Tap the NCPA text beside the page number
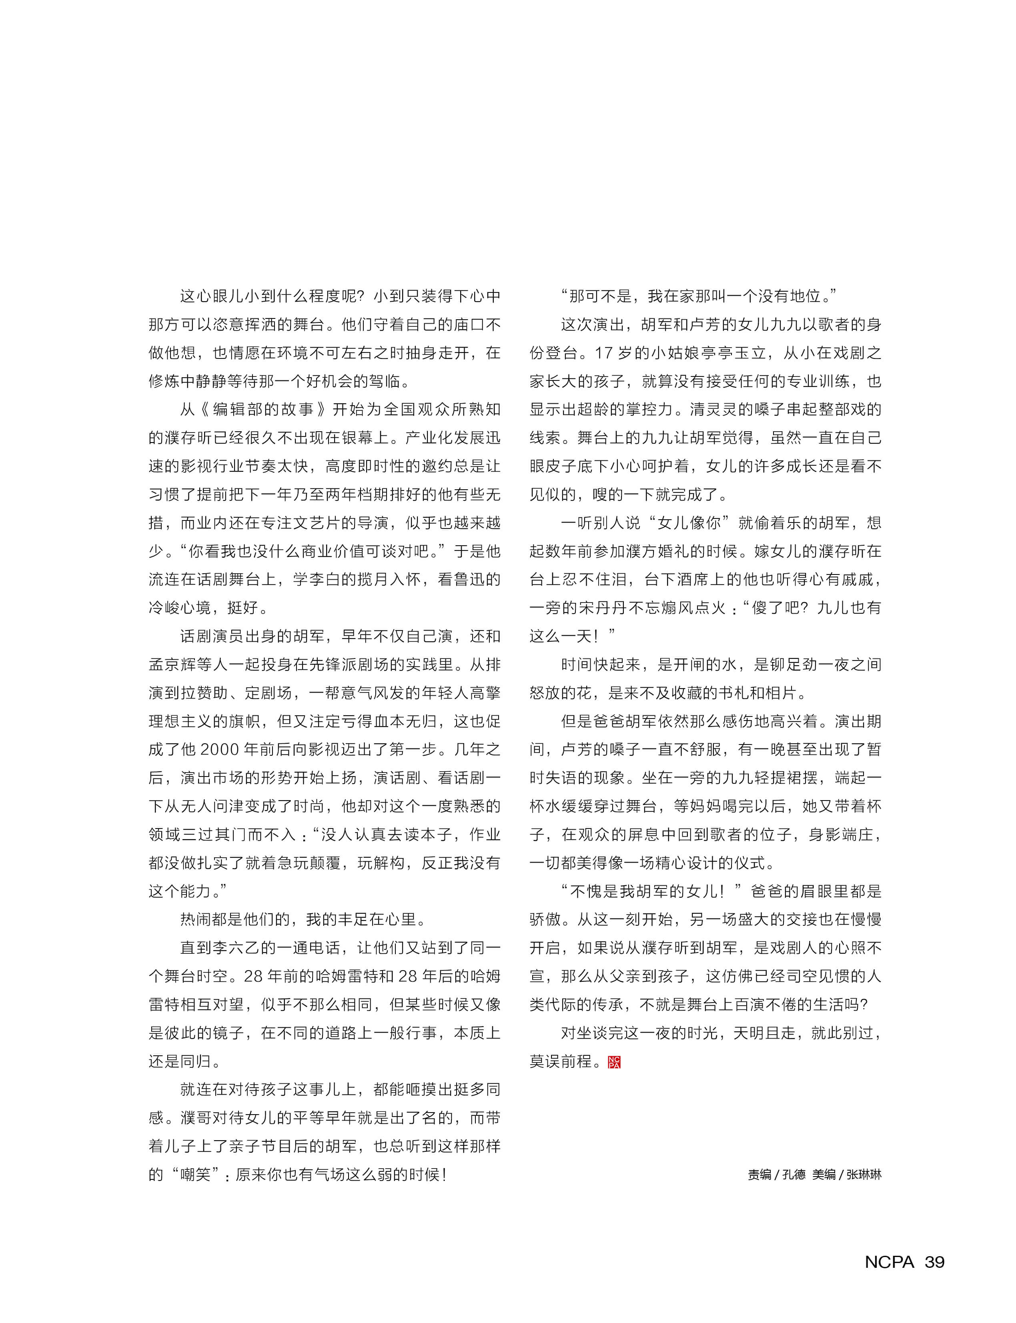[889, 1262]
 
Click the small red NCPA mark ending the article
[614, 1062]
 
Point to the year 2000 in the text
[219, 749]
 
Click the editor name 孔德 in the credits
[794, 1174]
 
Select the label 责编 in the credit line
[759, 1174]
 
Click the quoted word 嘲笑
[196, 1174]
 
